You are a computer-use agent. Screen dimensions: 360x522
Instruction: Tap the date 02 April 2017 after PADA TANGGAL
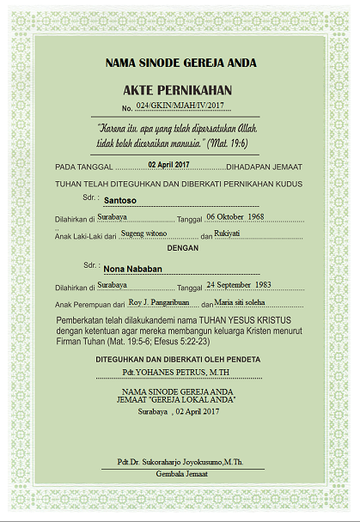[168, 164]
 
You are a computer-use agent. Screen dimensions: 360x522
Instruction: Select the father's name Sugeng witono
[143, 233]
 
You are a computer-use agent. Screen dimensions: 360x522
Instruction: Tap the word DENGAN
[181, 248]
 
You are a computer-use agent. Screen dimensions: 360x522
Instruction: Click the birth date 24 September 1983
[239, 284]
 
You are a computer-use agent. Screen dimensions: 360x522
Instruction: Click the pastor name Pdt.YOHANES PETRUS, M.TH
[180, 373]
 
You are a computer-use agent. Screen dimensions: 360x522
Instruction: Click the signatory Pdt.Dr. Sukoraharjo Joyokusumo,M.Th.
[180, 462]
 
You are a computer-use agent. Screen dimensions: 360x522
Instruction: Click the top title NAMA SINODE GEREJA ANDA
[180, 63]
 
